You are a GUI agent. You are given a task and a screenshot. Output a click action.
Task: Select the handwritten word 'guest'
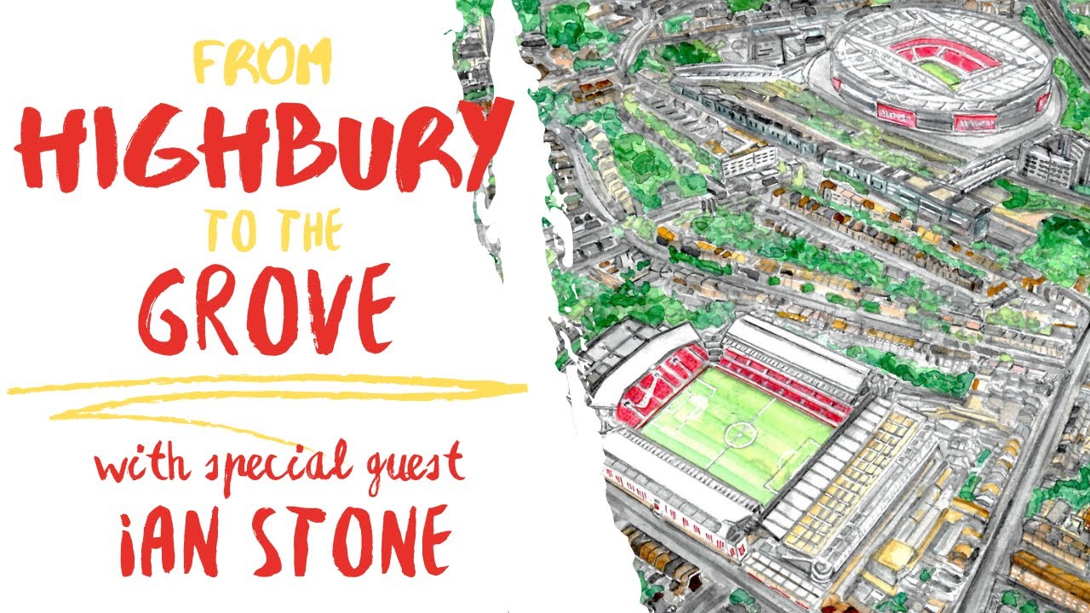coord(406,467)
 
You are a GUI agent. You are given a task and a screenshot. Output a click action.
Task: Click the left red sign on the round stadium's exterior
coord(899,111)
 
